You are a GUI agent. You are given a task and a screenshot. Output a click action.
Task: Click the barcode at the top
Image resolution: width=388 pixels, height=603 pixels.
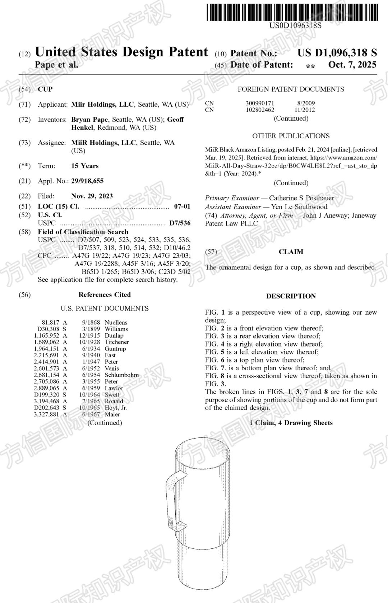pyautogui.click(x=292, y=12)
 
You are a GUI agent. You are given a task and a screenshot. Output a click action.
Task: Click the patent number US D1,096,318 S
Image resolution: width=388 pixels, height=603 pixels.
pyautogui.click(x=337, y=53)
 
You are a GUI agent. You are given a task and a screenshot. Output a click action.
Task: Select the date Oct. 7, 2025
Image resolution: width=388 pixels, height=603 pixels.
pyautogui.click(x=352, y=65)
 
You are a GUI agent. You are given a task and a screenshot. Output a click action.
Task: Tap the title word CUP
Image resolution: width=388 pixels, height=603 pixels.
pyautogui.click(x=45, y=89)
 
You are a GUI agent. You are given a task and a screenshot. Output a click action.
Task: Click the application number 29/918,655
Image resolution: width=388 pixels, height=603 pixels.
pyautogui.click(x=87, y=181)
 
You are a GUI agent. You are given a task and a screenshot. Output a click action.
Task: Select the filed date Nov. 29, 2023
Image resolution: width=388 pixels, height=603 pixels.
pyautogui.click(x=92, y=196)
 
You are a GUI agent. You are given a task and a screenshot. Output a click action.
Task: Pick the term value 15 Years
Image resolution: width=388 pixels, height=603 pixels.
pyautogui.click(x=85, y=166)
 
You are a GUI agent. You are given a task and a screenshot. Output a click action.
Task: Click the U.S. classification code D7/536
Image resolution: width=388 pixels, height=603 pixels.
pyautogui.click(x=180, y=223)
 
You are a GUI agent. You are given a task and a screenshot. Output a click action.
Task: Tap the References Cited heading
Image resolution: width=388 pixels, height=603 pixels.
pyautogui.click(x=105, y=294)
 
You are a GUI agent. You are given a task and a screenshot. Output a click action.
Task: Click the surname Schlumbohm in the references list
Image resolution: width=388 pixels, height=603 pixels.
pyautogui.click(x=121, y=375)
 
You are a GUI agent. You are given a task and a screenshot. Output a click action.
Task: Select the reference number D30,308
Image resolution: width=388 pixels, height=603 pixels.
pyautogui.click(x=48, y=329)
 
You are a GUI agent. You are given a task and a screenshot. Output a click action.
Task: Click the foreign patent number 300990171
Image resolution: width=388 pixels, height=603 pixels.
pyautogui.click(x=260, y=103)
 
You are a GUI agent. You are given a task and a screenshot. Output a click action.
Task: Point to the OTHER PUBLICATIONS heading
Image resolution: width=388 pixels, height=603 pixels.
pyautogui.click(x=291, y=136)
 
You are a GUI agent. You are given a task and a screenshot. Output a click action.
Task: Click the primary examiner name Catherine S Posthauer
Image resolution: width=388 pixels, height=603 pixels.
pyautogui.click(x=301, y=198)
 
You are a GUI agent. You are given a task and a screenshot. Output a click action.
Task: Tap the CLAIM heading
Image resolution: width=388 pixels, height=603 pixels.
pyautogui.click(x=291, y=252)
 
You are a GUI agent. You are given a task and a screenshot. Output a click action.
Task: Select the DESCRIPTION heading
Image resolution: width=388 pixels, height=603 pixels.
pyautogui.click(x=291, y=296)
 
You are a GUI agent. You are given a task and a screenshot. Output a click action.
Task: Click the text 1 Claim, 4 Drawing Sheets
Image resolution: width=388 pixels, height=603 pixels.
pyautogui.click(x=291, y=423)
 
